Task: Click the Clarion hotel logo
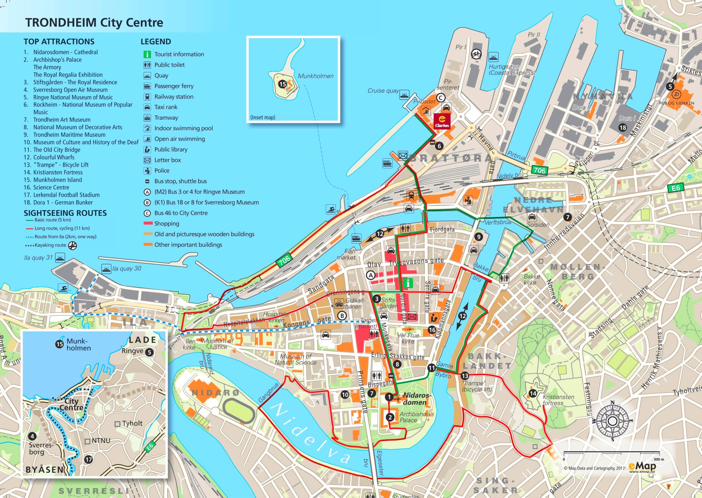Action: [x=442, y=121]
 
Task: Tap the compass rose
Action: [x=612, y=421]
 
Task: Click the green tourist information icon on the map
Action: [x=408, y=283]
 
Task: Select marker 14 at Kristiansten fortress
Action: [x=532, y=393]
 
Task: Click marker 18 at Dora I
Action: [x=623, y=128]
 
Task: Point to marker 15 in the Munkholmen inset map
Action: [x=282, y=84]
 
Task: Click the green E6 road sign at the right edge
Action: [x=676, y=188]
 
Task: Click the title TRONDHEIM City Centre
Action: [x=94, y=22]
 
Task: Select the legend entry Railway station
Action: [x=174, y=97]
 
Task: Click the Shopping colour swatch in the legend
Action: [x=148, y=223]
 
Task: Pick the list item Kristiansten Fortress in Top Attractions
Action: [x=58, y=172]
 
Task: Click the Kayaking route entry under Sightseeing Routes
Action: [x=50, y=245]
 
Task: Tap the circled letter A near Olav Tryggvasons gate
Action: [x=371, y=275]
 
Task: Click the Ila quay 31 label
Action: [x=38, y=258]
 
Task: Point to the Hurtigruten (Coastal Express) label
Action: [x=511, y=70]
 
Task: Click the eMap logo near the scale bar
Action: [x=642, y=466]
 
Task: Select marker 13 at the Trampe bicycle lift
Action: [x=465, y=376]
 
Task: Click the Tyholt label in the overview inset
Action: [x=132, y=424]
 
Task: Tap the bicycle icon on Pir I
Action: [x=476, y=54]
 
